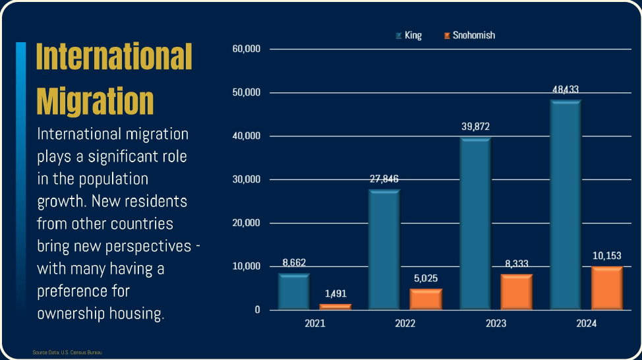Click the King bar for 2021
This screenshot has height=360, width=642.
(293, 291)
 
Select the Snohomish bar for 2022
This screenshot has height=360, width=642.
(425, 299)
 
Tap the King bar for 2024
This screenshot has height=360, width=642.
(565, 205)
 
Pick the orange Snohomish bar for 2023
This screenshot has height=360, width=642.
(516, 292)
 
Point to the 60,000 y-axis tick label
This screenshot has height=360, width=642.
(247, 49)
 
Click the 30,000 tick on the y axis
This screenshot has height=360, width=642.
(247, 179)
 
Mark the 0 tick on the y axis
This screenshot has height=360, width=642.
(257, 310)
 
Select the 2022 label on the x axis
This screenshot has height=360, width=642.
(405, 324)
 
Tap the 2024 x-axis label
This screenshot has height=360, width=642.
(586, 324)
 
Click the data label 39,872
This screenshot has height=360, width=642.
(475, 127)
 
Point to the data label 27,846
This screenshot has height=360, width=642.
(384, 179)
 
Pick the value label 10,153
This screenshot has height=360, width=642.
(606, 255)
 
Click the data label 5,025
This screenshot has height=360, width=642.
(425, 278)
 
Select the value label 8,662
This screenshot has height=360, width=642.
(293, 262)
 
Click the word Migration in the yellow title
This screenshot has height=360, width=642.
(95, 101)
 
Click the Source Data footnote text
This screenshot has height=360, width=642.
(67, 353)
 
